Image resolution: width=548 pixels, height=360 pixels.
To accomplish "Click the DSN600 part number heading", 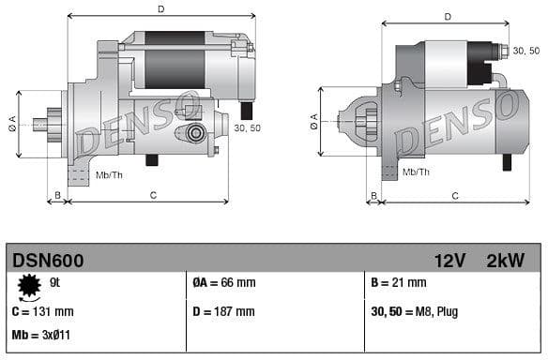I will pos(46,261).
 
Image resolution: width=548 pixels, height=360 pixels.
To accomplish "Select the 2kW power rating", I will pos(505,261).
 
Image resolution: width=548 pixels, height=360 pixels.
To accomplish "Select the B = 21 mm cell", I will pos(399,282).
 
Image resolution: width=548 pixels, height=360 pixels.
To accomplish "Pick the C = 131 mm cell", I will pos(42,311).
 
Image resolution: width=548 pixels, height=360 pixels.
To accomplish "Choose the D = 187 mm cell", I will pos(223,311).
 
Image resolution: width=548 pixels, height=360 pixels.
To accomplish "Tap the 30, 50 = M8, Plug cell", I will pos(415,311).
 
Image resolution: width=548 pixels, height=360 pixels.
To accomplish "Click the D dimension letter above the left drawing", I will pos(161,9).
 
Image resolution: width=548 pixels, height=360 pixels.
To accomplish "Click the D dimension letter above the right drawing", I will pos(447,16).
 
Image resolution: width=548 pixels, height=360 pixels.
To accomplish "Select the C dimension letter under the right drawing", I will pos(455,196).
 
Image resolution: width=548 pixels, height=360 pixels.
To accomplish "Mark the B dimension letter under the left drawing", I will pos(58,195).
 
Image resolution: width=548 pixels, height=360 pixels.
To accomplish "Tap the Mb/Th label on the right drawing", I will pos(416,172).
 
